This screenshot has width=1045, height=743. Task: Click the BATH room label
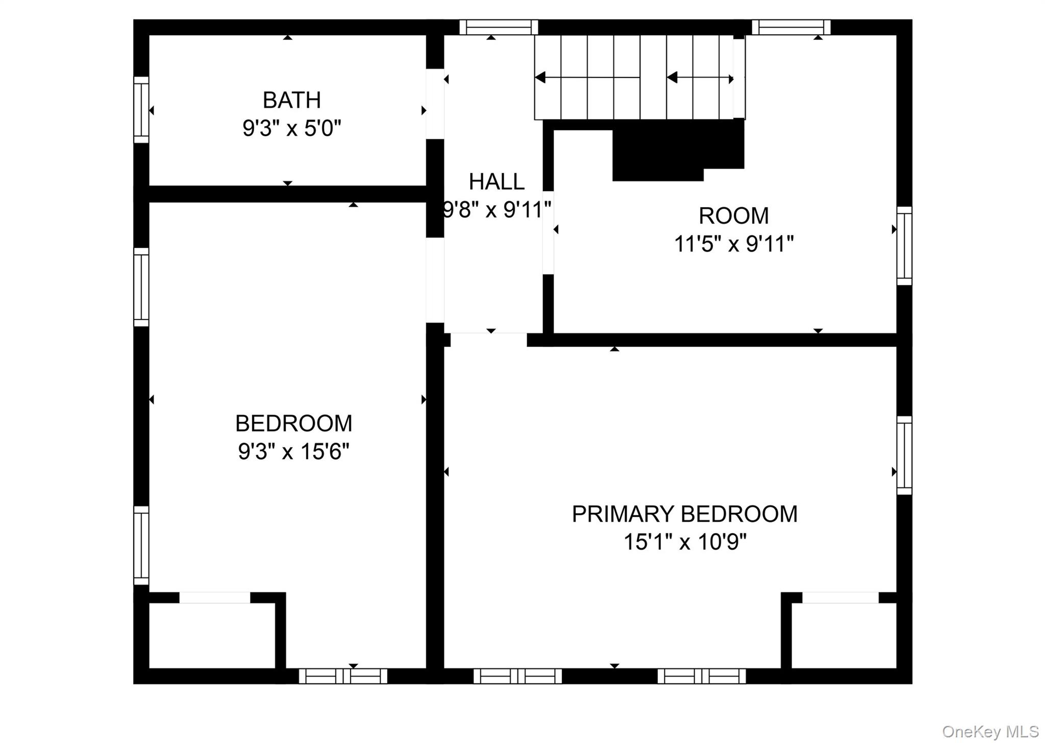click(291, 100)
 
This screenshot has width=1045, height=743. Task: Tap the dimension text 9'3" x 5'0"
click(291, 128)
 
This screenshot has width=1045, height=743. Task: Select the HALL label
click(496, 182)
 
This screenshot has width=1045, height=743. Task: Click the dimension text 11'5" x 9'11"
click(734, 244)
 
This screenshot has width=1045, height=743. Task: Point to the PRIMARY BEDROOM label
click(684, 514)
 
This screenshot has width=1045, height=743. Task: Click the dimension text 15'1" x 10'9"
click(685, 542)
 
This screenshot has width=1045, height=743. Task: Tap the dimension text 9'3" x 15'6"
click(293, 452)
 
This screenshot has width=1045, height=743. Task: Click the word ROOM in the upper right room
click(733, 216)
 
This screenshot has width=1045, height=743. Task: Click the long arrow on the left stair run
click(587, 78)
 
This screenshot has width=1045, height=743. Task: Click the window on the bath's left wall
click(141, 110)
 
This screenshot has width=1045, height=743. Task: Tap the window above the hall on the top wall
click(499, 27)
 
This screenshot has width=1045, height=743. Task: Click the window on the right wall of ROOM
click(904, 246)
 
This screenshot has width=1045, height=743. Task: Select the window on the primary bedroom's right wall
click(904, 455)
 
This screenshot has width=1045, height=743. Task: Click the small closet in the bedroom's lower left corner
click(212, 635)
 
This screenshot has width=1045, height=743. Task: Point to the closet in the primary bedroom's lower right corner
click(843, 635)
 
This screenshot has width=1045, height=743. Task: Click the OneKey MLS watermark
click(990, 732)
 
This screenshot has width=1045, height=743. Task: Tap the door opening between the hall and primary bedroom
click(488, 340)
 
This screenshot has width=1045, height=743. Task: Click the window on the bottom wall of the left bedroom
click(343, 676)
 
